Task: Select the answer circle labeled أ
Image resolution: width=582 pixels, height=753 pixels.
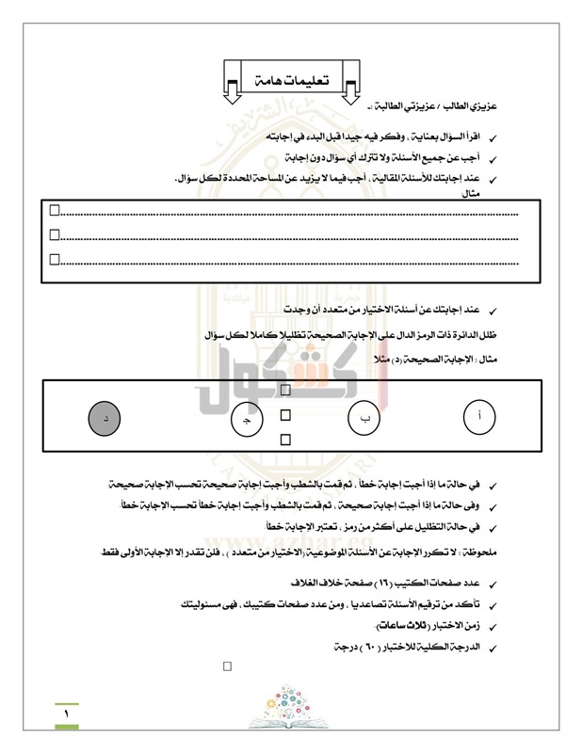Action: tap(481, 417)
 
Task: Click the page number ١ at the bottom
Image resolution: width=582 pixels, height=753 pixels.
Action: tap(67, 716)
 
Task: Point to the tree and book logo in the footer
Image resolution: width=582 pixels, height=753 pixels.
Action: tap(291, 707)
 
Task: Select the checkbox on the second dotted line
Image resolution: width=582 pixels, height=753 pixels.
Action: tap(55, 234)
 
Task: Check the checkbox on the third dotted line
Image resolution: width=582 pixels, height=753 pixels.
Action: tap(55, 258)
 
